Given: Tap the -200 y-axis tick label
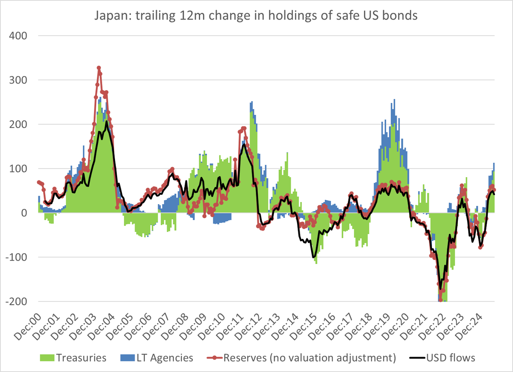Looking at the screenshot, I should [16, 302].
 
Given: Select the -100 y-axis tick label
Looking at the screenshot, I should [16, 257].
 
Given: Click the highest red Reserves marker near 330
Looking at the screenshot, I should [99, 68].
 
